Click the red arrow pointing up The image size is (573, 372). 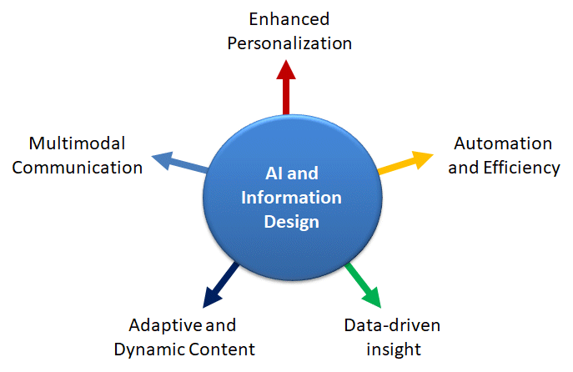coord(286,88)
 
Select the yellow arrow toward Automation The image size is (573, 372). coord(405,163)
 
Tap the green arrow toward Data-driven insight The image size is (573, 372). coord(364,285)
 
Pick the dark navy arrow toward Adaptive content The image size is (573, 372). coord(221,285)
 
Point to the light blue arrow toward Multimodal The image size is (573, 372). coord(179,163)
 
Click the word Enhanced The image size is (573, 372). coord(289,19)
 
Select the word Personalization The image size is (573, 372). coord(289,43)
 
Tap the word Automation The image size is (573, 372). coord(503,143)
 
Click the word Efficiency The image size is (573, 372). coord(521,168)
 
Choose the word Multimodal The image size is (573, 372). coord(77,143)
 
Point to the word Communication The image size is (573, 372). coord(77,168)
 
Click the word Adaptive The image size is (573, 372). coord(166,325)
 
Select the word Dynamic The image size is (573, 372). coord(150,349)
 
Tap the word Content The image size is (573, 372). coord(222,349)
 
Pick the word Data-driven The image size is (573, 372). coord(392,325)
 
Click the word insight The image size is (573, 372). coord(394,349)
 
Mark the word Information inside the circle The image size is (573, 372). coord(291,198)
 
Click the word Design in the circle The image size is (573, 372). coord(292,222)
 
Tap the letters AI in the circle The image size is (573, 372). coord(274,173)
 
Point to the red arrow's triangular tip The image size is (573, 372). coord(286,69)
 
